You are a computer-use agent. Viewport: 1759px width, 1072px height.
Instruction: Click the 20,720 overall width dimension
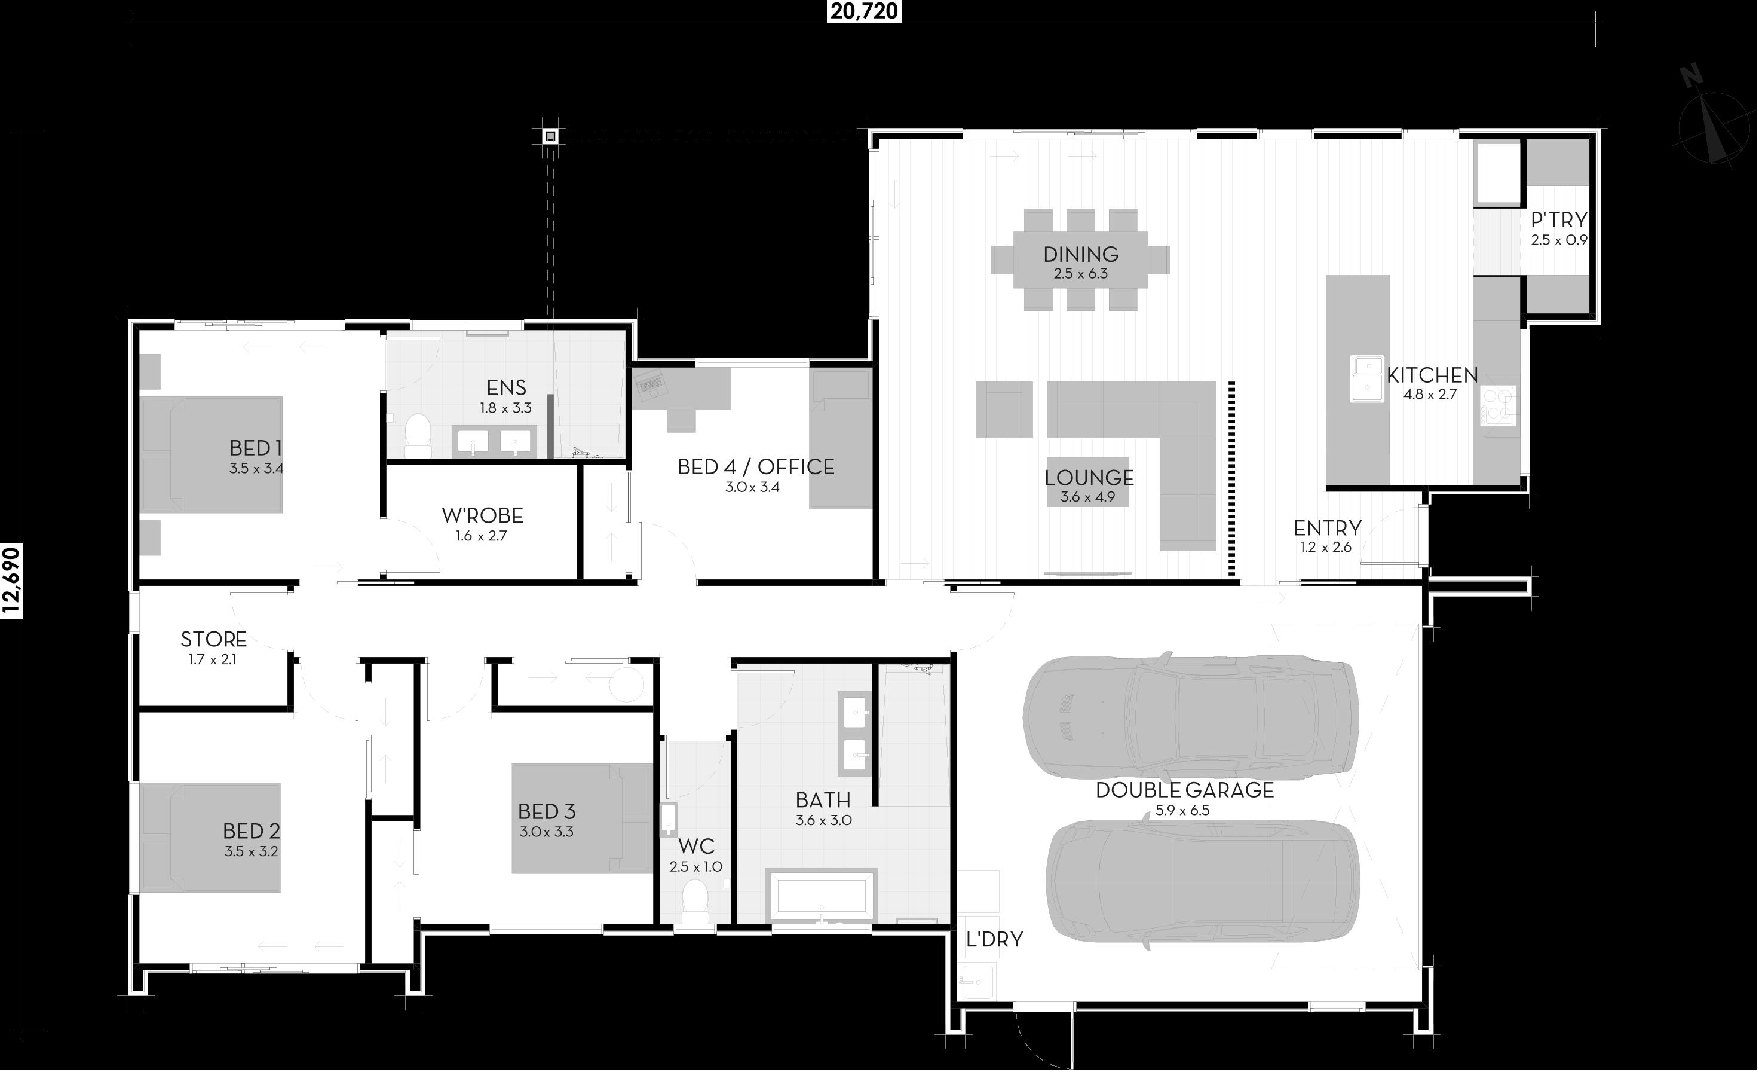[864, 11]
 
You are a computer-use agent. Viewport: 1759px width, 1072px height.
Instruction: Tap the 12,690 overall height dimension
[12, 581]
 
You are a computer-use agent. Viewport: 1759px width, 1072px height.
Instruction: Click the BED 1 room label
[256, 448]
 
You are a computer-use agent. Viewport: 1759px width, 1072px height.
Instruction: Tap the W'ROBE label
[482, 515]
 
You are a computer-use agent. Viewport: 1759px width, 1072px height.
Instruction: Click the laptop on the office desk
[650, 384]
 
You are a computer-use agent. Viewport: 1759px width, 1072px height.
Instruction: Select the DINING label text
[1080, 254]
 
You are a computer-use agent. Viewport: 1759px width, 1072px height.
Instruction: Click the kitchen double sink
[1367, 378]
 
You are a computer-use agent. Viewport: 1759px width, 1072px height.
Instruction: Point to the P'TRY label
[1559, 219]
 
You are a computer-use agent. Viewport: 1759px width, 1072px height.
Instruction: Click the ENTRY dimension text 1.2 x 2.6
[1326, 548]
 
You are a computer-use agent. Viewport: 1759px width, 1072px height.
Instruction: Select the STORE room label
[213, 639]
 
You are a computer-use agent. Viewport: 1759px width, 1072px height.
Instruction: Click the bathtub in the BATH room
[821, 895]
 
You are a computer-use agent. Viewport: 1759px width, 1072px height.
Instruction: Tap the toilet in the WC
[695, 902]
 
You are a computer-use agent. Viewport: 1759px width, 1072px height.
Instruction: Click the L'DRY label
[994, 939]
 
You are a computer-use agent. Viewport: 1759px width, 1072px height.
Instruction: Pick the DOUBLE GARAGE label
[1184, 790]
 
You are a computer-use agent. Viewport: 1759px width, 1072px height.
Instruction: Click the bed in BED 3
[583, 818]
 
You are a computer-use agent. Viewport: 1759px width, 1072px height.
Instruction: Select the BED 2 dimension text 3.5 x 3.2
[252, 851]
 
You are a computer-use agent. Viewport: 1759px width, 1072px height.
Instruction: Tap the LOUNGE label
[1089, 477]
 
